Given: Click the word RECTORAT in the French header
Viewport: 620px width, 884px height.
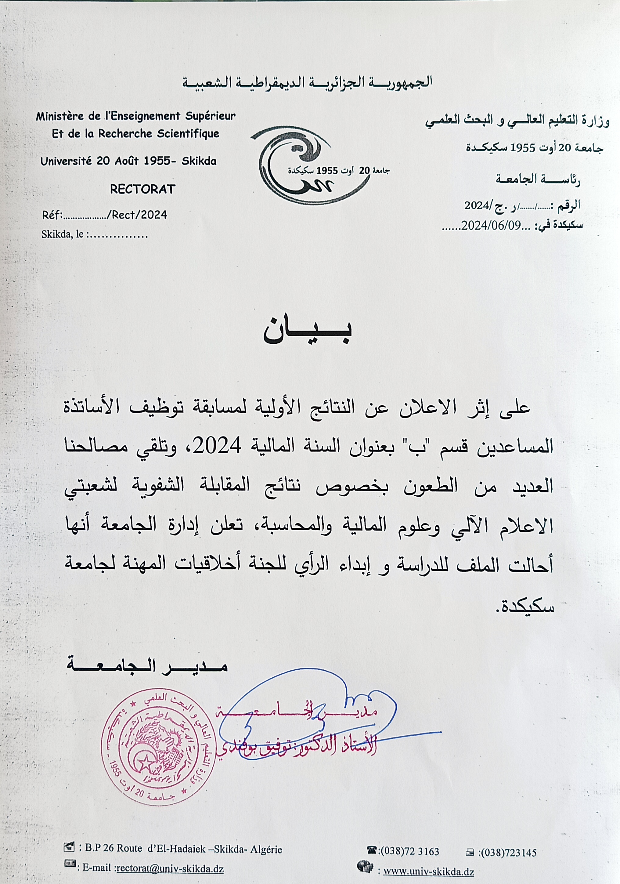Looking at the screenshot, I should click(x=143, y=189).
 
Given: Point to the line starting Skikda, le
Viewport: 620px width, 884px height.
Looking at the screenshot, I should click(x=94, y=234).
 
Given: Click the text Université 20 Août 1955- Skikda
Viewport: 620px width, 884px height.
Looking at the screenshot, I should click(x=128, y=161).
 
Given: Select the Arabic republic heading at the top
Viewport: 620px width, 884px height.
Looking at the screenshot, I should click(x=307, y=83).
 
